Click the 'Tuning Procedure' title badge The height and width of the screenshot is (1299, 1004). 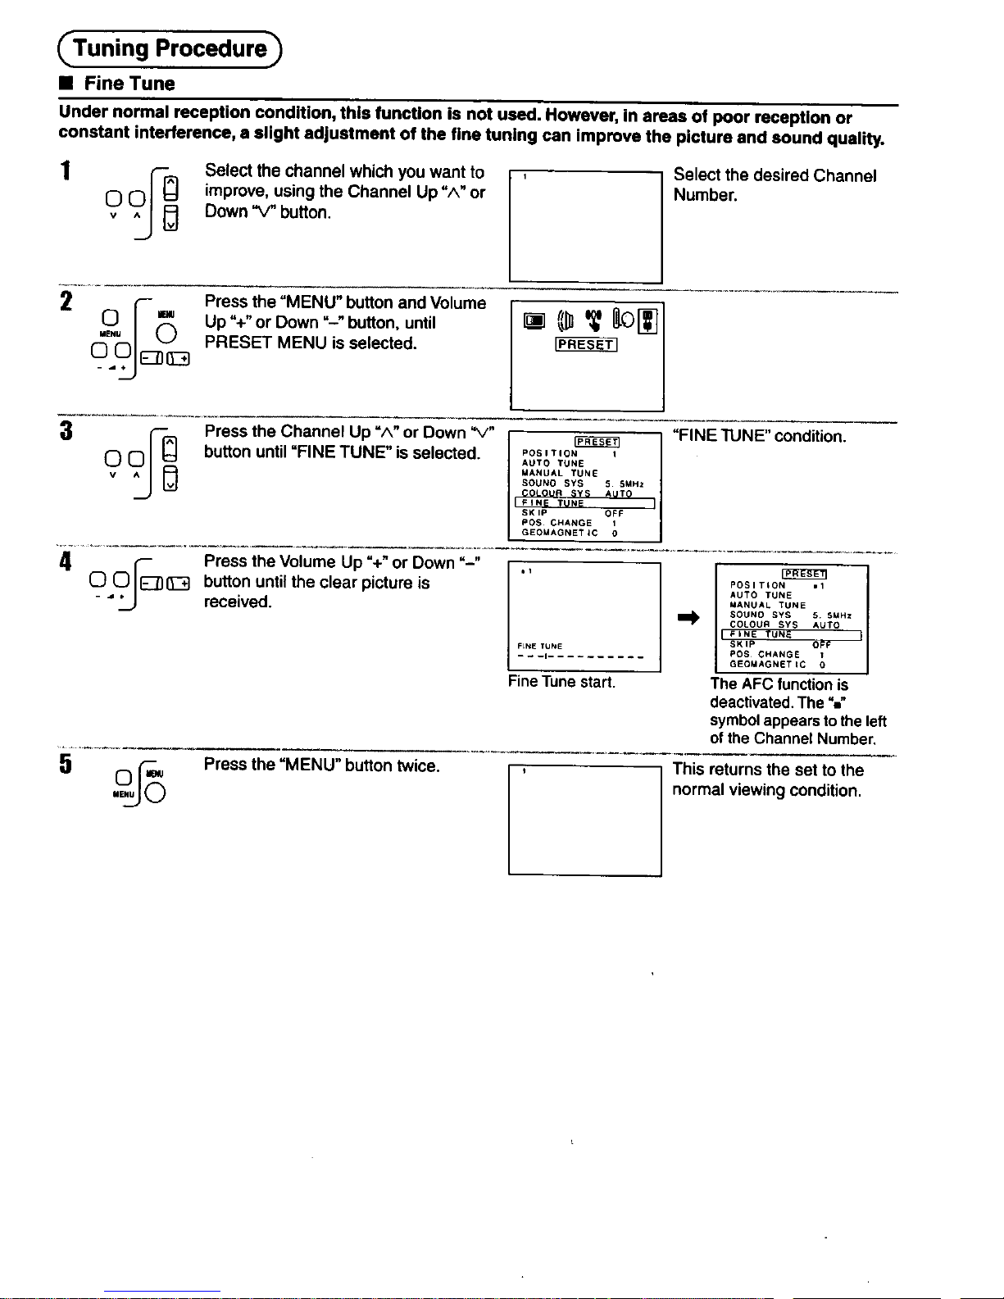tap(170, 48)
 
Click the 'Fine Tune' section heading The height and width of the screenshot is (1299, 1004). tap(129, 84)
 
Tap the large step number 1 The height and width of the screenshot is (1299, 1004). tap(66, 171)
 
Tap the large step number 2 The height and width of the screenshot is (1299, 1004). tap(66, 302)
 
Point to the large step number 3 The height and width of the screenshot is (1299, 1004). tap(66, 430)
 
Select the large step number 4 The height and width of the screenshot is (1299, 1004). tap(66, 561)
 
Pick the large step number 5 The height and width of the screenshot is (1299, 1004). tap(66, 764)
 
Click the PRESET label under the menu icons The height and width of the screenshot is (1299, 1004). tap(586, 345)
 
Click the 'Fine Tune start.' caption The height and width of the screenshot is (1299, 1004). tap(561, 682)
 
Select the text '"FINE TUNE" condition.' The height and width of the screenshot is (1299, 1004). tap(759, 436)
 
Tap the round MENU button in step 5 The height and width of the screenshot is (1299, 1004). tap(157, 793)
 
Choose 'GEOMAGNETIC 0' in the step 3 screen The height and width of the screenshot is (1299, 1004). tap(570, 533)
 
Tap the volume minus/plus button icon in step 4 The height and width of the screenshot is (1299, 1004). tap(165, 583)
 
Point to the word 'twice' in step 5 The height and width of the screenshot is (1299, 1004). tap(417, 765)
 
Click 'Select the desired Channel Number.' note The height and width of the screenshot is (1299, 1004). tap(775, 184)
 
